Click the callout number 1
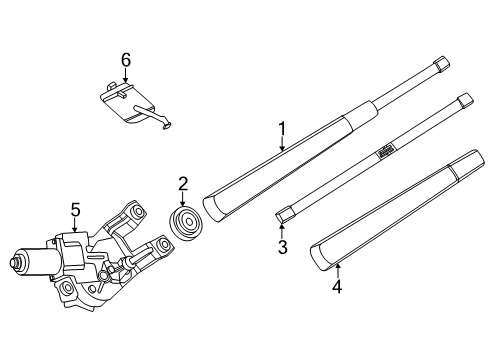[x=282, y=129]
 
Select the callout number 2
[x=183, y=184]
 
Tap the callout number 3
[x=282, y=247]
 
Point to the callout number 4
[x=337, y=287]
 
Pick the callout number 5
[x=75, y=210]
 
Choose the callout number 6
[x=126, y=60]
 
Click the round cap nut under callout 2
[x=186, y=223]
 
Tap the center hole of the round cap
[x=189, y=222]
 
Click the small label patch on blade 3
[x=385, y=151]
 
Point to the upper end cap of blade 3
[x=465, y=100]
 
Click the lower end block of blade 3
[x=285, y=215]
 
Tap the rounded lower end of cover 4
[x=319, y=257]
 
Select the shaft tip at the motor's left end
[x=14, y=263]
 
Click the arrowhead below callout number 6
[x=125, y=79]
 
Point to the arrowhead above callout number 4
[x=338, y=266]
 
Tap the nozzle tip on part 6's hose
[x=167, y=125]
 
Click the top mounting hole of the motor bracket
[x=136, y=211]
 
